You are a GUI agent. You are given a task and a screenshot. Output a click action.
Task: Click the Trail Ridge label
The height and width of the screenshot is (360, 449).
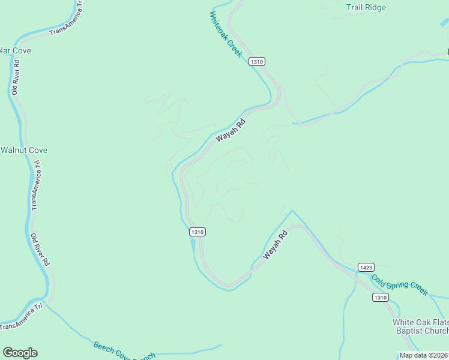[x=366, y=8]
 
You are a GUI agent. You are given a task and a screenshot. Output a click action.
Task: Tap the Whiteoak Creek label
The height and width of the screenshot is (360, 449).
[x=226, y=35]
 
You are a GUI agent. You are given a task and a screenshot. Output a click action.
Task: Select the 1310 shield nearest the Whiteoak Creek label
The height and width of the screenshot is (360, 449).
[x=257, y=61]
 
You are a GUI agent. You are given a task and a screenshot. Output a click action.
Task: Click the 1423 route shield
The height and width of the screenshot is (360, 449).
[x=366, y=266]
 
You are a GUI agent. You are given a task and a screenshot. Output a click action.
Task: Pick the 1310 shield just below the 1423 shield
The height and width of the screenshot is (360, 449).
[x=380, y=298]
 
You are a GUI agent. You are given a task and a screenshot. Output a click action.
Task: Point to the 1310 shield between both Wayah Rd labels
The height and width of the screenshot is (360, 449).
[x=197, y=232]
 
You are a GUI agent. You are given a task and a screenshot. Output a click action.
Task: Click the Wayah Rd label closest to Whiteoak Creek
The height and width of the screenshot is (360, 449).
[x=231, y=130]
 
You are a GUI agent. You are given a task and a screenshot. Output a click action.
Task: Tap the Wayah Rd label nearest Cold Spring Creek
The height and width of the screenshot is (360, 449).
[x=277, y=245]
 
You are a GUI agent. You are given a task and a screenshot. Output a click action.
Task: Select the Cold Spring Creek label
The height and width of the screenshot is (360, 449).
[x=399, y=284]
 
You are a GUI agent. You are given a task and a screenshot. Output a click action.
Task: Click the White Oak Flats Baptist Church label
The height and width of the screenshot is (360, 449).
[x=421, y=326]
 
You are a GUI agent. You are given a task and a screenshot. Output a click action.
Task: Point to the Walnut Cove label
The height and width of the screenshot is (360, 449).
[x=24, y=150]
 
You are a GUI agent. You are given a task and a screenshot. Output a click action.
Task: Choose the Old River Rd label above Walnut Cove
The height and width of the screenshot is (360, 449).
[x=15, y=77]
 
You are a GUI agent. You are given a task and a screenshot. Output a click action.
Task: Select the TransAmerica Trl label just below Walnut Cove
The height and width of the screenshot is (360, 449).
[x=35, y=184]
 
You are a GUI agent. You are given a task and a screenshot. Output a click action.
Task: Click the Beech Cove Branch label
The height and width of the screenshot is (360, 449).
[x=124, y=350]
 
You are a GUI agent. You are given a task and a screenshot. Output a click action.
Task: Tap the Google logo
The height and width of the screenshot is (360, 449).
[x=20, y=353]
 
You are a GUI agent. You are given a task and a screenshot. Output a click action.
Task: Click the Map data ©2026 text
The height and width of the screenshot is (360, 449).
[x=424, y=355]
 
